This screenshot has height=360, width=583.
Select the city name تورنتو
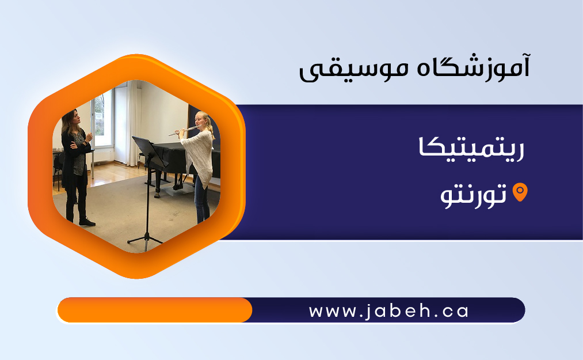point(473,195)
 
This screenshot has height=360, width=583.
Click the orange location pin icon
point(520,192)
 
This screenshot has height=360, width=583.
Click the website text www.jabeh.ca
point(388,311)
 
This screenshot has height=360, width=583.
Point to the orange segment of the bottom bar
point(155,310)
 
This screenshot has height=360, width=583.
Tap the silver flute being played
point(185,130)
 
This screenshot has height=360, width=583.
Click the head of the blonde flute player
point(203,120)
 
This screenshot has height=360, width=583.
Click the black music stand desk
point(150,151)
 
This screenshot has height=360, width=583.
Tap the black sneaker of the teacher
point(87,222)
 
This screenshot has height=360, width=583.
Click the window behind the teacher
point(102,119)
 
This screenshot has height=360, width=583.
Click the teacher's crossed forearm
point(81,144)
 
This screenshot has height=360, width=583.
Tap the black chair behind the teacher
point(58,168)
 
